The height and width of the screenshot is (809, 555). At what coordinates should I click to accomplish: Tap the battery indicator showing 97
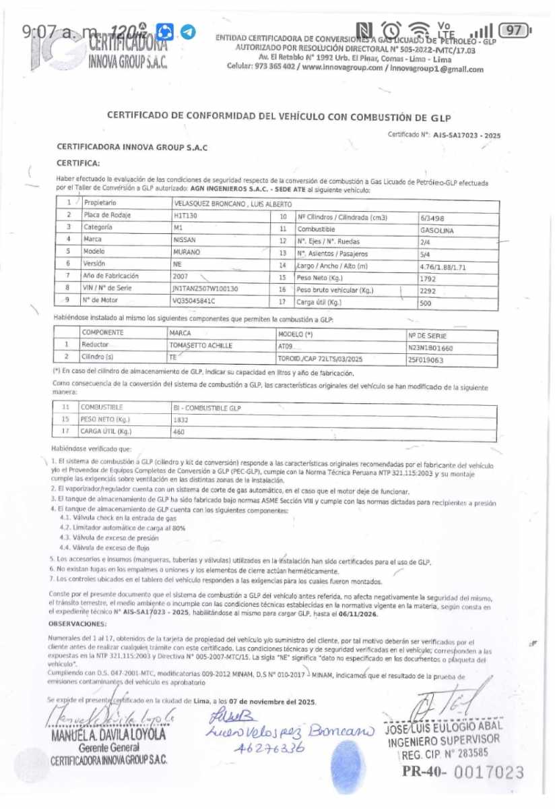(515, 30)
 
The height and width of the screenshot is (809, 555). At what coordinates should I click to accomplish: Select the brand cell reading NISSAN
(185, 239)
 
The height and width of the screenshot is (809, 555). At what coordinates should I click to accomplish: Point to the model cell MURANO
(187, 251)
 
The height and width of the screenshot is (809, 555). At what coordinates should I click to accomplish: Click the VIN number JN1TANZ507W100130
(206, 289)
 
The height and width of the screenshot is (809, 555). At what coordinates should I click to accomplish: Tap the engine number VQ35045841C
(196, 301)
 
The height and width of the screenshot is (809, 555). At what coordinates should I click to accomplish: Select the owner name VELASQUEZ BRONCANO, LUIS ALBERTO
(232, 203)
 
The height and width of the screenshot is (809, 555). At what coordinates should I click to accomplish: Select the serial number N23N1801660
(431, 348)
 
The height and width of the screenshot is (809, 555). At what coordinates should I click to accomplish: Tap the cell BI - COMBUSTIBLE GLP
(207, 409)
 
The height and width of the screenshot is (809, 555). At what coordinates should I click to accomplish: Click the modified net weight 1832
(181, 420)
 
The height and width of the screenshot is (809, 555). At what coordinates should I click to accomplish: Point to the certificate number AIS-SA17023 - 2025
(467, 135)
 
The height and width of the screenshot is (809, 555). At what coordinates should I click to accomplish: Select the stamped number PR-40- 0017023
(463, 773)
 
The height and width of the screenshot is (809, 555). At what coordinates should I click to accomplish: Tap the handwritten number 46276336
(269, 748)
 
